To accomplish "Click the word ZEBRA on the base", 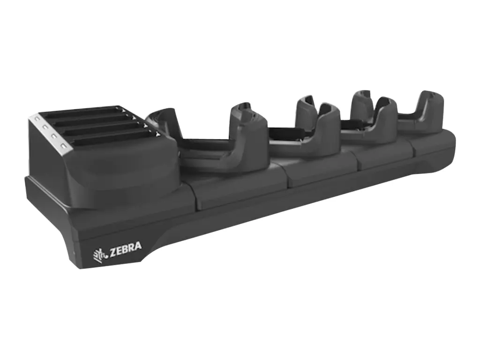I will [x=125, y=247].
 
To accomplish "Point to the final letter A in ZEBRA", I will [x=138, y=245].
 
